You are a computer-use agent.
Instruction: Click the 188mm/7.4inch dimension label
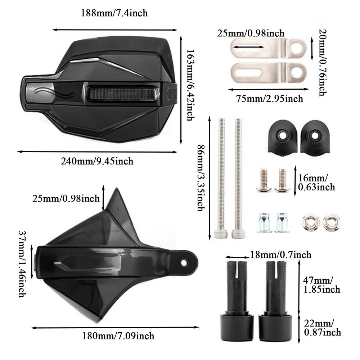pos(114,13)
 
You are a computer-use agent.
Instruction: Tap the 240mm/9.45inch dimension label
pos(97,161)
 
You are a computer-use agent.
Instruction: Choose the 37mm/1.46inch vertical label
pos(22,264)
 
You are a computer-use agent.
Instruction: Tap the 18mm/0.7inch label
pos(280,255)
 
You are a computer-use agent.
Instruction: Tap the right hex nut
pos(331,222)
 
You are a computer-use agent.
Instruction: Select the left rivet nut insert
pos(264,222)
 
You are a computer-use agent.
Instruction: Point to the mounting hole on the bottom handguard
pos(184,263)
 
